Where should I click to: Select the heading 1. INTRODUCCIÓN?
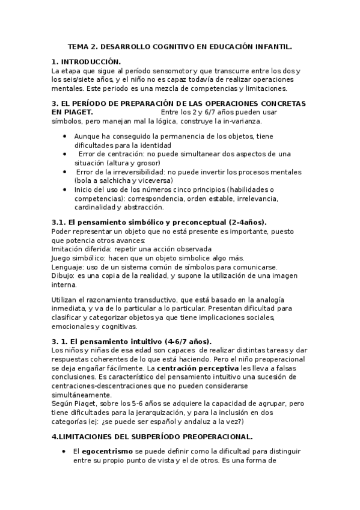click(x=87, y=62)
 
